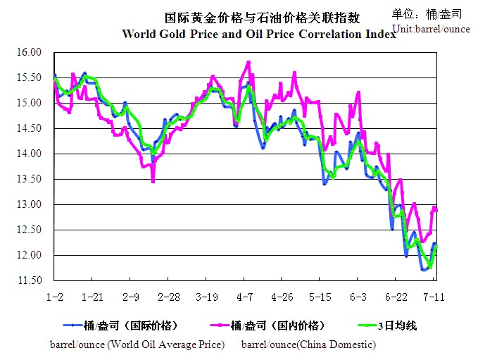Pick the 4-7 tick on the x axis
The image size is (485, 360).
click(x=244, y=297)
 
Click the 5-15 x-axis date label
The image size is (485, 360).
click(x=320, y=297)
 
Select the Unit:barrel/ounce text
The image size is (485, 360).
click(x=432, y=28)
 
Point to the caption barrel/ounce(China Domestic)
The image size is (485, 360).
click(x=308, y=345)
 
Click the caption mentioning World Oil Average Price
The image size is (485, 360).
click(x=137, y=345)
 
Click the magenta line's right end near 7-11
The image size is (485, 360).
click(x=436, y=210)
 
